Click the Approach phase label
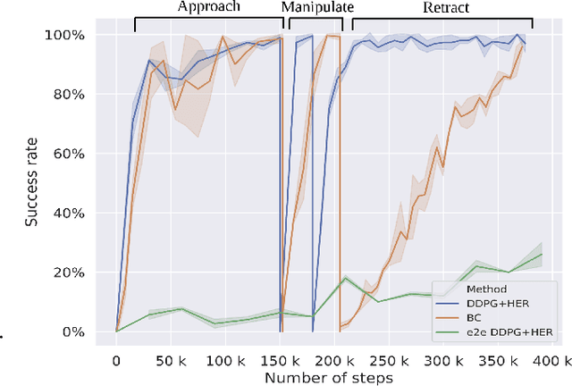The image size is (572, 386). coord(208,7)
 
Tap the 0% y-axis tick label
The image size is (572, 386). coord(74,331)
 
